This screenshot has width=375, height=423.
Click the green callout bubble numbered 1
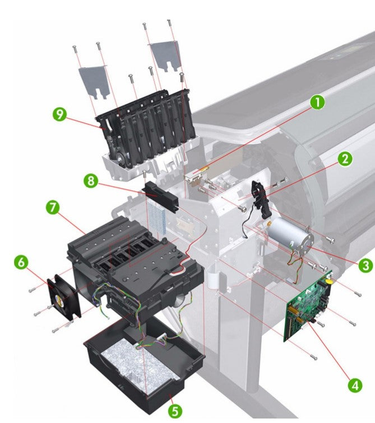coord(317,102)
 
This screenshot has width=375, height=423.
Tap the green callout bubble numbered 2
coord(345,159)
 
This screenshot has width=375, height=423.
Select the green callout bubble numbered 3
coord(365,265)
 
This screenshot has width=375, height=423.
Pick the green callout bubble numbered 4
coord(355,385)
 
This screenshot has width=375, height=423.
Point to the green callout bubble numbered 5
coord(175,411)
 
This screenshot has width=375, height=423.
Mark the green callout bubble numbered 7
coord(53,208)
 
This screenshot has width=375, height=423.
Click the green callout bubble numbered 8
coord(91,181)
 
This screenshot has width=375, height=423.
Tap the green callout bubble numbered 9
coord(60,114)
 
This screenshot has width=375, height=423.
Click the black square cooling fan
coord(64,296)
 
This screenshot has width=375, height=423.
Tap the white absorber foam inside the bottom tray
coord(135,364)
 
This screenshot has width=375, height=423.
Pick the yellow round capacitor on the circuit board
coord(329,281)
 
